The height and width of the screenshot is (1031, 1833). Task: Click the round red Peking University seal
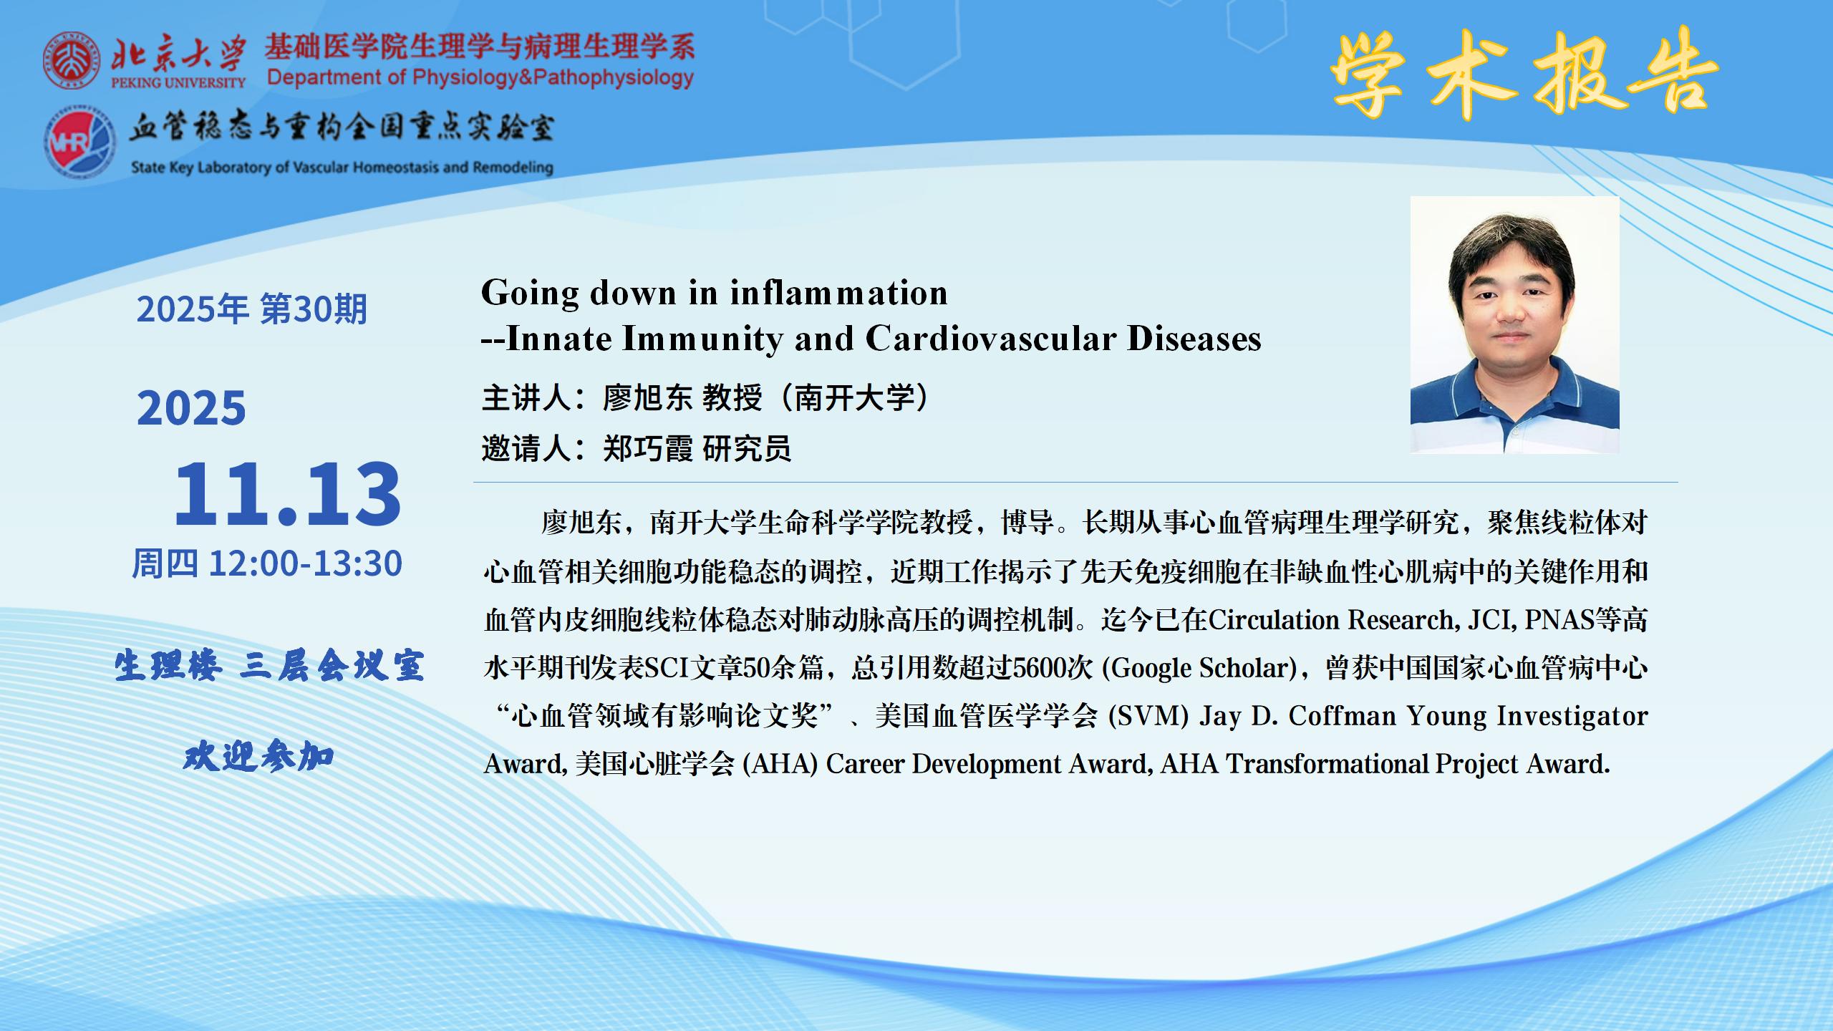click(x=72, y=60)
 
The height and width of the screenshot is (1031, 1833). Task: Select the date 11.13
click(x=288, y=493)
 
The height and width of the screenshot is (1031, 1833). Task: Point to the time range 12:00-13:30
click(x=306, y=563)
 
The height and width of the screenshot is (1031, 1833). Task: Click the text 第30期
click(x=314, y=309)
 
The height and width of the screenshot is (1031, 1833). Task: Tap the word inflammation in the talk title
click(x=839, y=293)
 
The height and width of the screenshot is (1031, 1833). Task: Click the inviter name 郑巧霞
click(x=647, y=449)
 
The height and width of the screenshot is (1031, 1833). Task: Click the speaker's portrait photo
click(x=1514, y=324)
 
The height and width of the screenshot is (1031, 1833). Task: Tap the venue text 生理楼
click(x=168, y=667)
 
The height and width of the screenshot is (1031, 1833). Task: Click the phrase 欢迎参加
click(x=259, y=757)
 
